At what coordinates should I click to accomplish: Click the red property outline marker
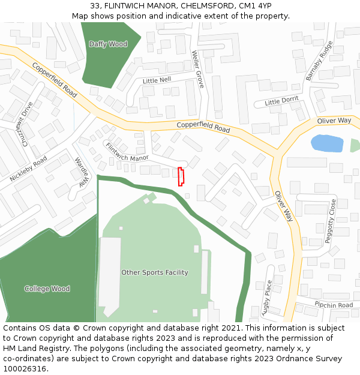click(181, 176)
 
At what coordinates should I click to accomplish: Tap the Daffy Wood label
click(108, 44)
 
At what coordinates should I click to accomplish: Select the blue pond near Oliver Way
click(327, 143)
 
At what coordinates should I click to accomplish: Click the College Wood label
click(47, 289)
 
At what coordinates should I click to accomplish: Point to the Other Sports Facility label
click(155, 272)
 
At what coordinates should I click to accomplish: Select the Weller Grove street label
click(198, 69)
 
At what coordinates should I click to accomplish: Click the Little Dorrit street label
click(281, 101)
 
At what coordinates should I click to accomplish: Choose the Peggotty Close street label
click(331, 221)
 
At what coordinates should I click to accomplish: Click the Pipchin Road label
click(334, 305)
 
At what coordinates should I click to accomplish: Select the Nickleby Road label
click(28, 170)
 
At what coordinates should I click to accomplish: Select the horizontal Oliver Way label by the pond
click(334, 121)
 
